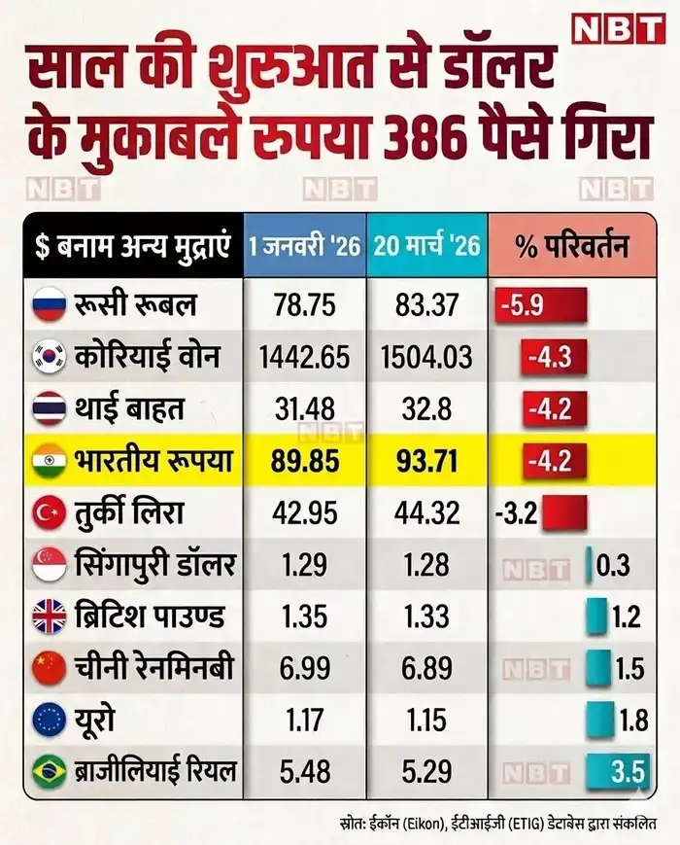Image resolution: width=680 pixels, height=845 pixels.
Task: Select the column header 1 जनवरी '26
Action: coord(304,245)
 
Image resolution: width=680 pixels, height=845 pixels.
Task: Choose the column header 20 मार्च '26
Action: coord(427,245)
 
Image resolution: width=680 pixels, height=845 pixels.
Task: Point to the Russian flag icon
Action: coord(49,304)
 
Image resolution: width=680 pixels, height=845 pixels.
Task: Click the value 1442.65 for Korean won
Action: coord(304,357)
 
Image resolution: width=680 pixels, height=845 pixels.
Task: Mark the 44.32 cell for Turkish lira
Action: coord(426,512)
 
